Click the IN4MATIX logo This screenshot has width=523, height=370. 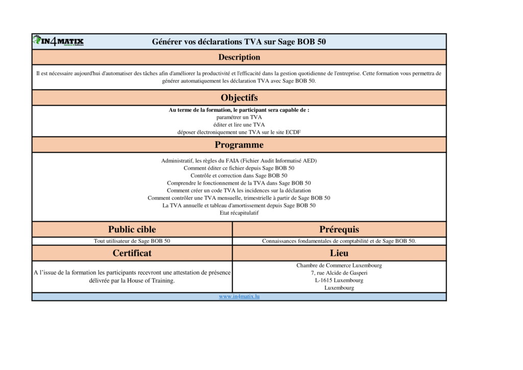(58, 41)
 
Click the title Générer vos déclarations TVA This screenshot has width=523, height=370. (239, 42)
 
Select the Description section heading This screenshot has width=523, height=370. (239, 57)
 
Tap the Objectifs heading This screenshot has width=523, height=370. (239, 98)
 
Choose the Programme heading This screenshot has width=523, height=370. (239, 145)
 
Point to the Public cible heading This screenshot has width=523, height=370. (132, 229)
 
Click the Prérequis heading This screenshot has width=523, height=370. (339, 229)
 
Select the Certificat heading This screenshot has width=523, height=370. (132, 253)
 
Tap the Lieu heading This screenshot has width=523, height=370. (339, 253)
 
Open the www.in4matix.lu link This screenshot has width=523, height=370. (239, 296)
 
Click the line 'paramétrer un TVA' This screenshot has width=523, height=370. (239, 117)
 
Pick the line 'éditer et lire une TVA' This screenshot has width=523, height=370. (239, 124)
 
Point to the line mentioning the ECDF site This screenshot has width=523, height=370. (239, 132)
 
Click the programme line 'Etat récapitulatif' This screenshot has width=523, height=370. (239, 213)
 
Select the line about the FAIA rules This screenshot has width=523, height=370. (239, 160)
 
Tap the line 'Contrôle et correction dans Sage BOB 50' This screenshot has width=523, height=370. (239, 175)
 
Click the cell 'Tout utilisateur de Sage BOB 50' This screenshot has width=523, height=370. (132, 241)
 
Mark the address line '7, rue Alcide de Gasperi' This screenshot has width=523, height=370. (339, 273)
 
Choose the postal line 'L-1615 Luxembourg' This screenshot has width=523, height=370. (339, 280)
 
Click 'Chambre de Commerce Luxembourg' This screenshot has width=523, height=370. (339, 265)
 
